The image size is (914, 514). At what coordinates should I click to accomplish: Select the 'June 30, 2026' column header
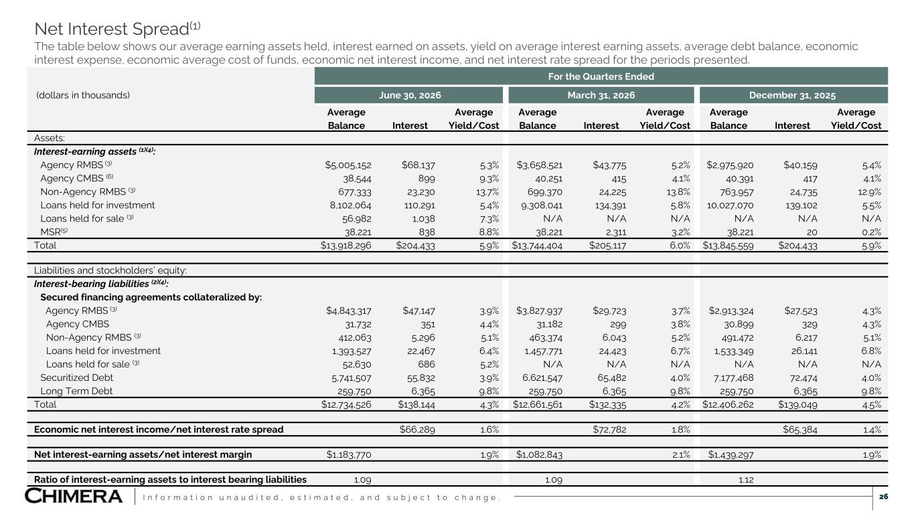tap(410, 95)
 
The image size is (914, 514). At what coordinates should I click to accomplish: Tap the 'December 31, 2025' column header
tap(792, 95)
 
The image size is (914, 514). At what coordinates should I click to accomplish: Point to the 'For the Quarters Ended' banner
tap(601, 76)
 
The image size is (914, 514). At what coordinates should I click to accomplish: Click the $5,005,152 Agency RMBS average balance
tap(348, 165)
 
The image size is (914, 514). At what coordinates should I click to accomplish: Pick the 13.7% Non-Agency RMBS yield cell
tap(487, 191)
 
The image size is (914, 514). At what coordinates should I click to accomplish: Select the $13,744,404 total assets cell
tap(537, 246)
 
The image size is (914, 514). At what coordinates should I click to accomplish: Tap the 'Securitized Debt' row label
tap(76, 377)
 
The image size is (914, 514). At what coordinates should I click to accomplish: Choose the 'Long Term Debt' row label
tap(76, 391)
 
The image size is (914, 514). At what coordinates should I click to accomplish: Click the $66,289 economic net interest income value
tap(417, 430)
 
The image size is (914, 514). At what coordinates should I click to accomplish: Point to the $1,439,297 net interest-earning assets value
tap(729, 454)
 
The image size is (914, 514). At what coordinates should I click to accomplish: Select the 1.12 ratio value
tap(746, 480)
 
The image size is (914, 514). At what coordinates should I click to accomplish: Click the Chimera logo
tap(74, 496)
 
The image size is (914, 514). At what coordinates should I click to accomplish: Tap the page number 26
tap(883, 497)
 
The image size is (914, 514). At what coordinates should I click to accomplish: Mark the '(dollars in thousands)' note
tap(83, 95)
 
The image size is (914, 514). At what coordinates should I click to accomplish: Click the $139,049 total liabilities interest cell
tap(797, 405)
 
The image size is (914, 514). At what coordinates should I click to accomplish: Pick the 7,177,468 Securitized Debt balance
tap(733, 377)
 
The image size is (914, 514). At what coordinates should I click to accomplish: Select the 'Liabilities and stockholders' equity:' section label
tap(110, 270)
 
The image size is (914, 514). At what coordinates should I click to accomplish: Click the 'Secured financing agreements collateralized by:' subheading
tap(151, 297)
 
